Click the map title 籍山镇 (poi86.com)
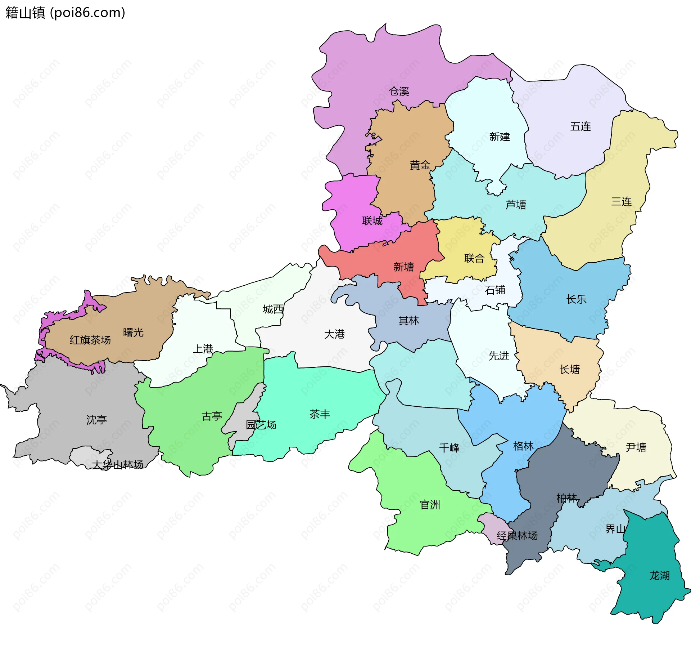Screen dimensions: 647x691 click(65, 13)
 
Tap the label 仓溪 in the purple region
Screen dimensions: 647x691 click(399, 92)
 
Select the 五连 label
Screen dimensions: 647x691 click(581, 126)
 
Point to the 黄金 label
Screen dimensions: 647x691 click(420, 165)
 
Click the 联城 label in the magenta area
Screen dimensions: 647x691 click(372, 221)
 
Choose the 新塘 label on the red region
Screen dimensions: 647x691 click(403, 267)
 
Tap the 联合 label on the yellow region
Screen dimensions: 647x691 click(474, 258)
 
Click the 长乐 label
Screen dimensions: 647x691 click(576, 299)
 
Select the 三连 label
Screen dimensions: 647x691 click(622, 201)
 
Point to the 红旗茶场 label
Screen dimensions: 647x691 click(90, 340)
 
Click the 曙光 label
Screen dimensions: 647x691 click(133, 332)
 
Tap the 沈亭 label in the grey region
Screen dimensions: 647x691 click(96, 420)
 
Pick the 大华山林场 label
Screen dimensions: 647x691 click(118, 465)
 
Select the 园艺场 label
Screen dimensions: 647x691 click(261, 425)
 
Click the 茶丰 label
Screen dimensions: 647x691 click(320, 414)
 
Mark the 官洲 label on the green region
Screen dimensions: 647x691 click(430, 505)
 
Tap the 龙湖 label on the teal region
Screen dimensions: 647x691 click(659, 576)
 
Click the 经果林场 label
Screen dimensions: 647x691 click(517, 536)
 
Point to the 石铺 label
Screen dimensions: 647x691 click(495, 290)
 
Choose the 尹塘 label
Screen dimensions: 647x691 click(636, 447)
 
